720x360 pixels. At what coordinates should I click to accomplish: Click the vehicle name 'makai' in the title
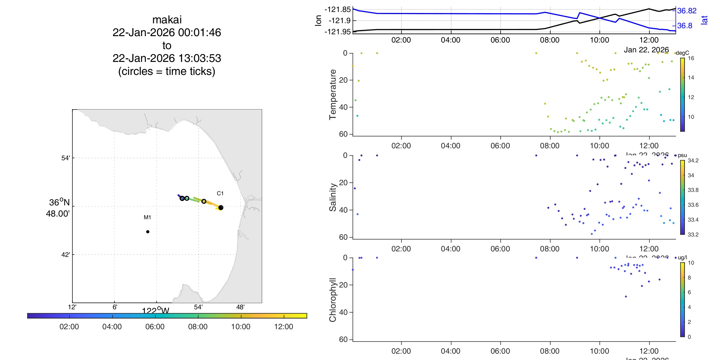pos(167,20)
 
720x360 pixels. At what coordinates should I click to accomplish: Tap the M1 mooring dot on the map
pos(148,232)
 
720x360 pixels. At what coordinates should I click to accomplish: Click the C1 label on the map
pos(220,193)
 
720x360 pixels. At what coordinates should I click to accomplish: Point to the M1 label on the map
pos(147,217)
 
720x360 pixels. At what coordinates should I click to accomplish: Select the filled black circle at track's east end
pos(221,208)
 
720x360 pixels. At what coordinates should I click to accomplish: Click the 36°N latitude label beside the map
pos(59,202)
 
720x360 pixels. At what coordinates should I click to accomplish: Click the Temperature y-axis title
pos(332,95)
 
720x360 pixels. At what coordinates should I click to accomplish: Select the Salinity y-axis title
pos(332,197)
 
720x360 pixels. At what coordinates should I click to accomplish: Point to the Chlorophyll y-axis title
pos(332,300)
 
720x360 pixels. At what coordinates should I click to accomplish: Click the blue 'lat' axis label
pos(704,20)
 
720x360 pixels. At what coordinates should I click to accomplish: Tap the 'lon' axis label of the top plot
pos(318,20)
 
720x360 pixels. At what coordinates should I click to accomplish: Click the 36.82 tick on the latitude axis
pos(687,11)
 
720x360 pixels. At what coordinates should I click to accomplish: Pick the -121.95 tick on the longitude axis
pos(337,32)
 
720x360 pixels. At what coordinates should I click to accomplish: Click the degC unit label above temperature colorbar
pos(682,53)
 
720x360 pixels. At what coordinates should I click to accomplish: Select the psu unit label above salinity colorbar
pos(682,155)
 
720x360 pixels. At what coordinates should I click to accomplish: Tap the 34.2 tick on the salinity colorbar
pos(693,160)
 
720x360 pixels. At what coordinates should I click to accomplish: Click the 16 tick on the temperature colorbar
pos(691,58)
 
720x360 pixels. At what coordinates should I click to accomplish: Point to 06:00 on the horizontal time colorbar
pos(155,327)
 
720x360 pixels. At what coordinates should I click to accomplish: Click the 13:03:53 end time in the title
pos(200,58)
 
